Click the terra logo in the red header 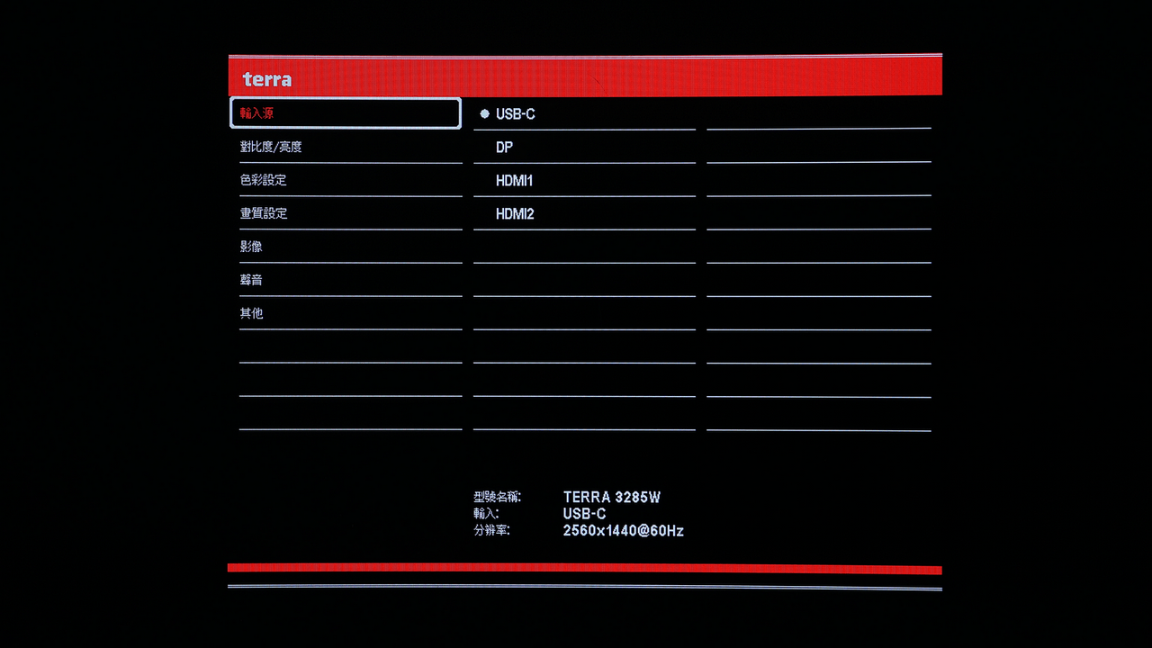pyautogui.click(x=267, y=79)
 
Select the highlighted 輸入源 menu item pyautogui.click(x=345, y=112)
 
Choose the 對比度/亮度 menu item pyautogui.click(x=271, y=147)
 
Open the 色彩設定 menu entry pyautogui.click(x=263, y=180)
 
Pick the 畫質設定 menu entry pyautogui.click(x=264, y=213)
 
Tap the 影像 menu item pyautogui.click(x=251, y=247)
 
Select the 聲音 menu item pyautogui.click(x=251, y=280)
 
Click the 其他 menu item pyautogui.click(x=251, y=313)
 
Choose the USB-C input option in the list pyautogui.click(x=516, y=114)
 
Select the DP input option pyautogui.click(x=504, y=148)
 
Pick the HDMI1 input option pyautogui.click(x=514, y=181)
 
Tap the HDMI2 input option pyautogui.click(x=515, y=214)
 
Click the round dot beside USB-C pyautogui.click(x=484, y=113)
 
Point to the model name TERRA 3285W pyautogui.click(x=611, y=498)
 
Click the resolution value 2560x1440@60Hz pyautogui.click(x=624, y=531)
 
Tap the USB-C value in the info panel pyautogui.click(x=584, y=514)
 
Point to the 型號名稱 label pyautogui.click(x=497, y=497)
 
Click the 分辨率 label pyautogui.click(x=491, y=530)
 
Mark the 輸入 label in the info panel pyautogui.click(x=486, y=514)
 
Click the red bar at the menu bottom pyautogui.click(x=585, y=569)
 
